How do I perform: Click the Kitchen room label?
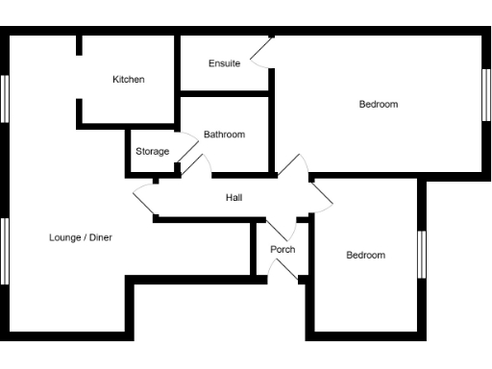(x=128, y=80)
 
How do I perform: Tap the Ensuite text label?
(x=224, y=63)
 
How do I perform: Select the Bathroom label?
(x=224, y=135)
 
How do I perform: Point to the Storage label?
(x=152, y=152)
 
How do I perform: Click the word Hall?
(x=234, y=198)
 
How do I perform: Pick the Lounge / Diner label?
(x=81, y=236)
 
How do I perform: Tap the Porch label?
(x=283, y=250)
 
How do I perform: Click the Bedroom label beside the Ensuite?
(x=379, y=104)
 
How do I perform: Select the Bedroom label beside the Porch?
(x=365, y=255)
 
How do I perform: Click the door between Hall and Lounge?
(x=146, y=200)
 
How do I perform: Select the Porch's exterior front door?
(x=284, y=272)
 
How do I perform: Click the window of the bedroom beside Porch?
(x=420, y=254)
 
